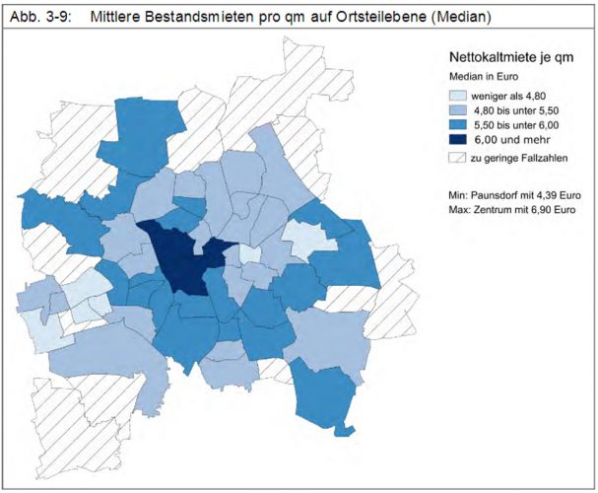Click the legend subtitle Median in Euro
tap(485, 76)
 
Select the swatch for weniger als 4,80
tap(459, 96)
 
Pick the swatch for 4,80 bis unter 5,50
tap(459, 111)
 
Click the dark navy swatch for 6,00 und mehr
tap(459, 142)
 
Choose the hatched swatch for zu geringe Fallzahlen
tap(459, 159)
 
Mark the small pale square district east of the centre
tap(251, 254)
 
